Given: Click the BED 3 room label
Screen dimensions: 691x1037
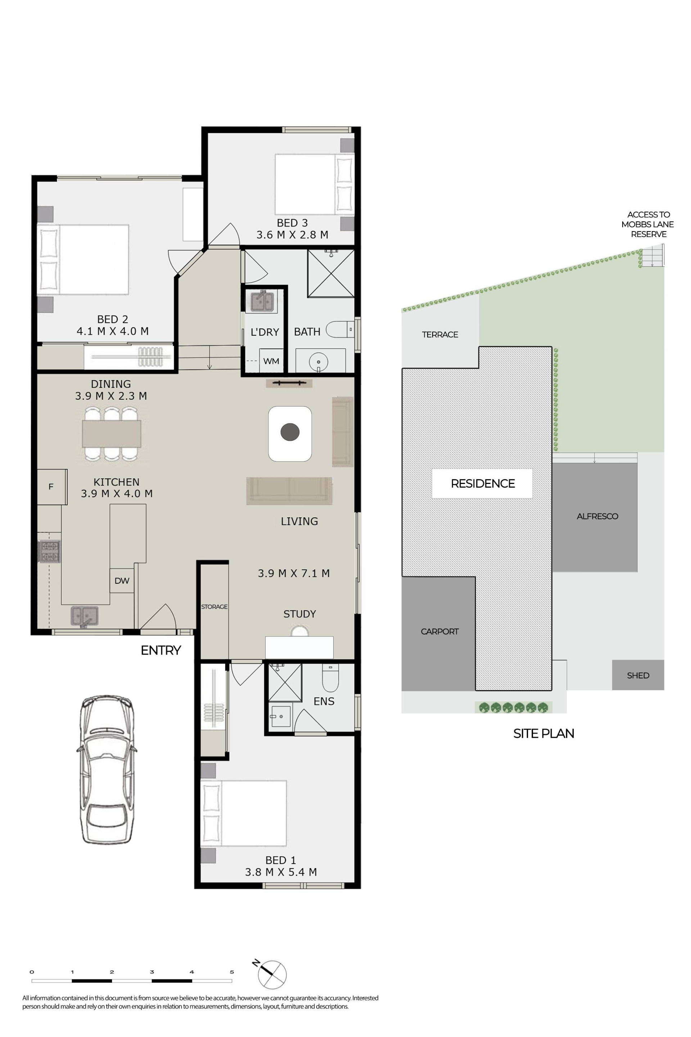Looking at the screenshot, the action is click(x=292, y=223).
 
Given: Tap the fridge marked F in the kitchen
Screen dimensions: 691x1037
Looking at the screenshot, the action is click(x=51, y=487).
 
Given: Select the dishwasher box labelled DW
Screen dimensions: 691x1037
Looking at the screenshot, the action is click(x=122, y=581).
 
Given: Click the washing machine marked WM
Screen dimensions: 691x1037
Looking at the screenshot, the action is click(x=271, y=361).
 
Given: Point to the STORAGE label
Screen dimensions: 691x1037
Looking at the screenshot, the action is click(x=214, y=607).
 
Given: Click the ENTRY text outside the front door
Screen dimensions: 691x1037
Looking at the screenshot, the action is click(x=161, y=650).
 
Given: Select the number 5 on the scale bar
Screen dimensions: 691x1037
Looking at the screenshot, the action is click(x=232, y=972).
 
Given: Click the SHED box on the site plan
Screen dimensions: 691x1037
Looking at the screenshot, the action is click(x=638, y=675).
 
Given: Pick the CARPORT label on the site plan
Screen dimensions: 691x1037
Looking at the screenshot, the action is click(x=439, y=631).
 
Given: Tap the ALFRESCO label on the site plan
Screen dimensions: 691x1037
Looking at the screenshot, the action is click(x=597, y=516).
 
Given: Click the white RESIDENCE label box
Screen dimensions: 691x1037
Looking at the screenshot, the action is click(x=482, y=484).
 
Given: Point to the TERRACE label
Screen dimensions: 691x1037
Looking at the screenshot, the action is click(x=440, y=335).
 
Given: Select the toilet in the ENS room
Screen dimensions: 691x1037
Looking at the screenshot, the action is click(x=330, y=677).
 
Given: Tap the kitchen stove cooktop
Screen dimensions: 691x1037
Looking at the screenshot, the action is click(x=49, y=552).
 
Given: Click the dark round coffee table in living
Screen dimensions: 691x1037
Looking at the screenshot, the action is click(x=290, y=432).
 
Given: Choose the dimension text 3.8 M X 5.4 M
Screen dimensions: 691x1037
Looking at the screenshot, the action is click(x=281, y=872).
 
